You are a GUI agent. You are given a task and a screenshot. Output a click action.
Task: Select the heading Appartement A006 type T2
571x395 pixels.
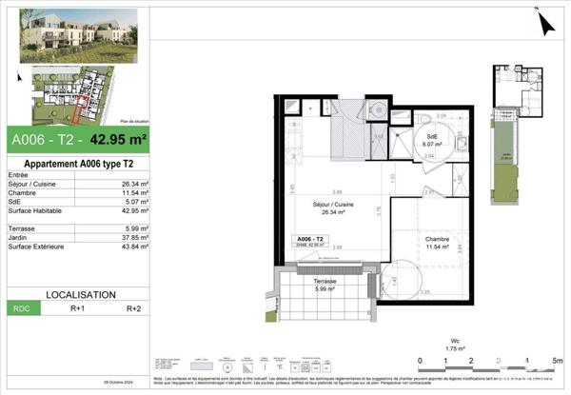point(76,163)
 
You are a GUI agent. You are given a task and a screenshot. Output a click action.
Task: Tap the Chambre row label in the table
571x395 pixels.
point(22,193)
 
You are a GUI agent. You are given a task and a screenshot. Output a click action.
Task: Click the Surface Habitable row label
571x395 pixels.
point(36,211)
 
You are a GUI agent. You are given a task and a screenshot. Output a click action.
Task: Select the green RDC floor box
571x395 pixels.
point(21,308)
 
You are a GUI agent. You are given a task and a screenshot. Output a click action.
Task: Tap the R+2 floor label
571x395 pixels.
point(134,308)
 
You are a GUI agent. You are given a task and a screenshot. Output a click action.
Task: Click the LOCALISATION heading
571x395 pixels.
point(76,295)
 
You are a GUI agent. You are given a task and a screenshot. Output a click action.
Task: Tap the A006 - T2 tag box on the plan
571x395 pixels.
point(310,241)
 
